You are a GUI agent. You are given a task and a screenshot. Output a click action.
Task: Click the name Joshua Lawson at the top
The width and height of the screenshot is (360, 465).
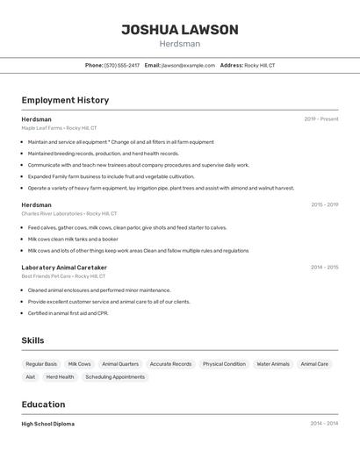[180, 30]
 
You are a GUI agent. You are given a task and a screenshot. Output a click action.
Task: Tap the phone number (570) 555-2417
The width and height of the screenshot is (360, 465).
[122, 65]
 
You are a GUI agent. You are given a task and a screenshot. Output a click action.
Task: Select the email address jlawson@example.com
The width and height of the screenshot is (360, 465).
[188, 65]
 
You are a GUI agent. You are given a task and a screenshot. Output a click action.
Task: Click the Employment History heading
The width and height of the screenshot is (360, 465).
[65, 100]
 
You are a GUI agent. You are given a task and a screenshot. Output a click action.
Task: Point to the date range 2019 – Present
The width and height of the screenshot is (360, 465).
[321, 118]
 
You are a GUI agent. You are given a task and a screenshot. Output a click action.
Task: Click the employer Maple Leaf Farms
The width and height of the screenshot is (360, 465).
[41, 127]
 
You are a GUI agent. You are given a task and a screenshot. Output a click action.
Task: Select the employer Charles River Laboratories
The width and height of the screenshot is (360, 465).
[52, 213]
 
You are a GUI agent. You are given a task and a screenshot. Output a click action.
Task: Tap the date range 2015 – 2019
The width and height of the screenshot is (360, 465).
[324, 204]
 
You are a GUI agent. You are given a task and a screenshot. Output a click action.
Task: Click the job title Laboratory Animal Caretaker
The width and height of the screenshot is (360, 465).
[64, 268]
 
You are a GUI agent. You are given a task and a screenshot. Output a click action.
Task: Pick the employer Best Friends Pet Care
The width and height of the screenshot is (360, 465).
[47, 276]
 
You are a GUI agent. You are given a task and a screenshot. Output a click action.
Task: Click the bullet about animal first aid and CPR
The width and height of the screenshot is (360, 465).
[68, 312]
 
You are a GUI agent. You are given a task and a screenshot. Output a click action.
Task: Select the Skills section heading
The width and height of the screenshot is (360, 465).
[32, 340]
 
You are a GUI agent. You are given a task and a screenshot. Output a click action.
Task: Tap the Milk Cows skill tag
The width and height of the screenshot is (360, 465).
[79, 363]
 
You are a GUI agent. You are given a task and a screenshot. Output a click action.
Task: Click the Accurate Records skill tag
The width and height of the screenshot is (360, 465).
[170, 363]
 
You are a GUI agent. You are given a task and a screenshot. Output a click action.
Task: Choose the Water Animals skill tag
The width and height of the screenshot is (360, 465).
[273, 363]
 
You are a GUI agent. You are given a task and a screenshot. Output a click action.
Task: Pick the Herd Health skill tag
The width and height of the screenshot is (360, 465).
[60, 376]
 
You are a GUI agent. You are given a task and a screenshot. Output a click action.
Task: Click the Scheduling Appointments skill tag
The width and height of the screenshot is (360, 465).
[115, 376]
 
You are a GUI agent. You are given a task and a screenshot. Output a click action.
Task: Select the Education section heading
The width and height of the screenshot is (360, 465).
[43, 404]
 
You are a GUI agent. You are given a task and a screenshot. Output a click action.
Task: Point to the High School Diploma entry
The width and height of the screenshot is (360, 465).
[47, 424]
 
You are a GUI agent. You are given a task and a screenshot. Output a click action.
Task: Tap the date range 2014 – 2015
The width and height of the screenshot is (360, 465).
[324, 268]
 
